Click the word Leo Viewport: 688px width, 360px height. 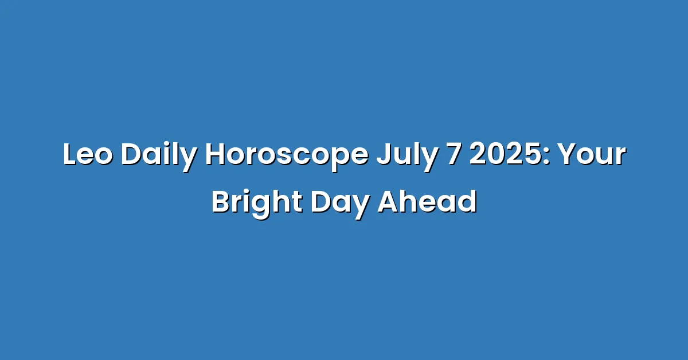pyautogui.click(x=88, y=154)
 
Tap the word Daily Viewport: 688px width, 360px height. pyautogui.click(x=158, y=156)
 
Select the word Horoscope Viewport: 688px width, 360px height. pyautogui.click(x=287, y=156)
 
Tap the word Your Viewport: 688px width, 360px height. pyautogui.click(x=592, y=154)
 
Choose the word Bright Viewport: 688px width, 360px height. pyautogui.click(x=257, y=204)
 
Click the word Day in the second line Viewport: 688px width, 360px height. pyautogui.click(x=340, y=205)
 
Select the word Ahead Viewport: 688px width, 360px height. pyautogui.click(x=427, y=202)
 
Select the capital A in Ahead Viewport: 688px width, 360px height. pyautogui.click(x=389, y=202)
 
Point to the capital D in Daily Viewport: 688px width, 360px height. pyautogui.click(x=131, y=154)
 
